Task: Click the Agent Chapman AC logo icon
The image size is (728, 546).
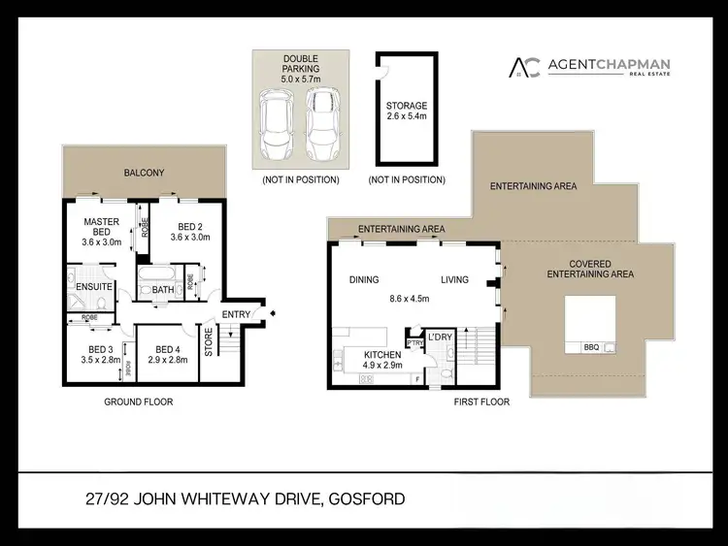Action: (525, 67)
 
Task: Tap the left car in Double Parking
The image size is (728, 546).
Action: (279, 126)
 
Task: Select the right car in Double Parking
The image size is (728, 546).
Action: (322, 126)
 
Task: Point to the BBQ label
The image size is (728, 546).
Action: (591, 346)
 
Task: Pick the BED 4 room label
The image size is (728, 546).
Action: (167, 355)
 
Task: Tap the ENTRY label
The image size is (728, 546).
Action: (237, 314)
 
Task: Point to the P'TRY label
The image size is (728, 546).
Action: (414, 341)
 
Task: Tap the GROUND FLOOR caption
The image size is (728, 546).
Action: (139, 401)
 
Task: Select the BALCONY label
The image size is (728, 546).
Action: (144, 173)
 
